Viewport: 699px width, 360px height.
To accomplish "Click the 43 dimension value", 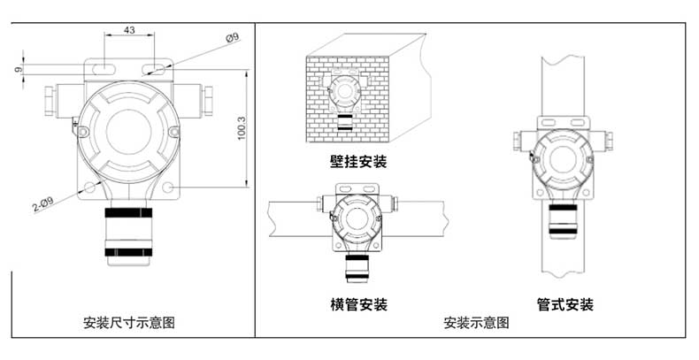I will (128, 30).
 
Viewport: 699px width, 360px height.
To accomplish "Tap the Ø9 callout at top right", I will (232, 37).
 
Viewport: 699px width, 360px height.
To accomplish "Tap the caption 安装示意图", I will (476, 323).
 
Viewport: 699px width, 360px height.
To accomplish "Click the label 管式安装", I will (565, 304).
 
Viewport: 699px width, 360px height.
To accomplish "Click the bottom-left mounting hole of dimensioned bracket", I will (90, 187).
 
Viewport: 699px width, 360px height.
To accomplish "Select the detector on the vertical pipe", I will (563, 158).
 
